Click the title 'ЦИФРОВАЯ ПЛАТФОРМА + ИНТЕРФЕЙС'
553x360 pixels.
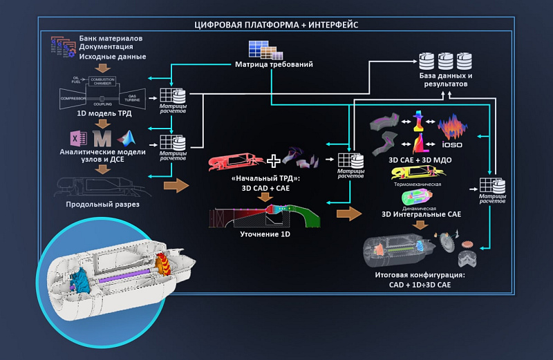276,25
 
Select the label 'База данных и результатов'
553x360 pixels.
446,79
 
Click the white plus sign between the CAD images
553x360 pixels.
274,161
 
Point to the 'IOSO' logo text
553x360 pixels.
453,146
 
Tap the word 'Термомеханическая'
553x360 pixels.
417,184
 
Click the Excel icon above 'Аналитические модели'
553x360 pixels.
77,136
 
